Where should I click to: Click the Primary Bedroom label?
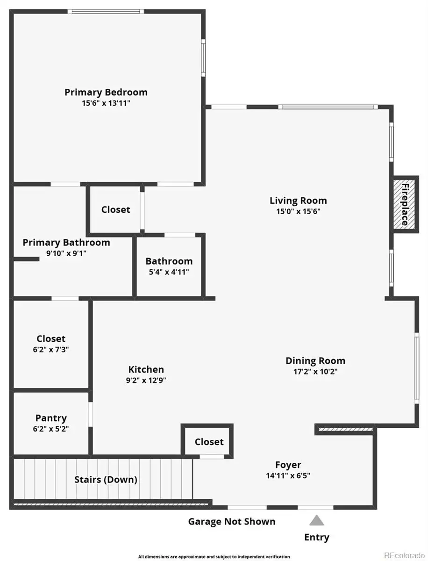tap(106, 92)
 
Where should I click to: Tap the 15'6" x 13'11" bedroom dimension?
tap(106, 103)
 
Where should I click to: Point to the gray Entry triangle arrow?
tap(317, 520)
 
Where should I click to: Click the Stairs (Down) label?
tap(106, 480)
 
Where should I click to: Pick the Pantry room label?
tap(51, 418)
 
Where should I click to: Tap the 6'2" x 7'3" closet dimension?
tap(51, 349)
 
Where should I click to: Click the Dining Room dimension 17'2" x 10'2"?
tap(315, 371)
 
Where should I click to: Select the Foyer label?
tap(288, 464)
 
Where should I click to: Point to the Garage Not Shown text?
tap(232, 521)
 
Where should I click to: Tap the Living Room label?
tap(298, 201)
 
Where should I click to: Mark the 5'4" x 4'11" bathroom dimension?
tap(169, 272)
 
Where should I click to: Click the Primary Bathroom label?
tap(66, 242)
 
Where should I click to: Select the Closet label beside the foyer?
tap(209, 442)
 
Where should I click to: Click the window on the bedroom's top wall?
tap(106, 11)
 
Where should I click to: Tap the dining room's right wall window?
tap(416, 368)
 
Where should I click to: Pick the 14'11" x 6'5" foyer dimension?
tap(288, 475)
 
